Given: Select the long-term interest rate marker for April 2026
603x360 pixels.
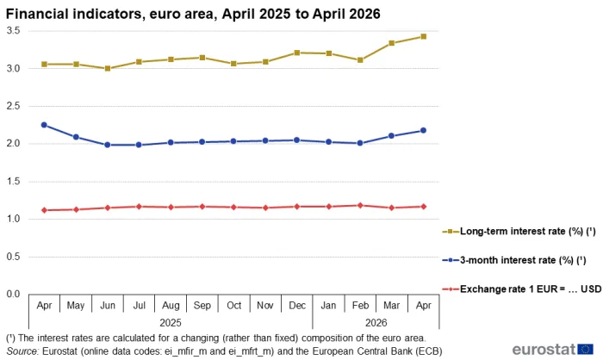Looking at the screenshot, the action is (424, 36).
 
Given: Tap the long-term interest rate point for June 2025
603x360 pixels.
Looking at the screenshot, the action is (108, 68).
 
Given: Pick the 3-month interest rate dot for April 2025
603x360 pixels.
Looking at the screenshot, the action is (44, 125).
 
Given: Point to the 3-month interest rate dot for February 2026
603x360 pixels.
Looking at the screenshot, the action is (360, 143).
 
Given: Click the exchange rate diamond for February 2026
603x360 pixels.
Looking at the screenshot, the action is (360, 205).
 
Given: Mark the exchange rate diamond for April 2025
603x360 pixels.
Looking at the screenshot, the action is (44, 210).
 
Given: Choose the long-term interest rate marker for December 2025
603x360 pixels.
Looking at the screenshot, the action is (297, 53).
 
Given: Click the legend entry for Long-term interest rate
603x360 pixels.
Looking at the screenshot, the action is (519, 232).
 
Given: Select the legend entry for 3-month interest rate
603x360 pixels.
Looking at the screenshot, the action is (514, 260).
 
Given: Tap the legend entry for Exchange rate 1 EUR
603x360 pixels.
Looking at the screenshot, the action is (522, 289).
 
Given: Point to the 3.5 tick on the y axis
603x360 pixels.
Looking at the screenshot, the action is (13, 30).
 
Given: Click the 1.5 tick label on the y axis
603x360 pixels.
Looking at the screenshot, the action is (13, 181).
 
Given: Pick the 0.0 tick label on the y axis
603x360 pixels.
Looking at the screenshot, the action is (13, 295).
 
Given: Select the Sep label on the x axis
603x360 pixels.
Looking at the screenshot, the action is (202, 306).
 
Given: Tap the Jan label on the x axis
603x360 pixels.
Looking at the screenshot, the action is (328, 306).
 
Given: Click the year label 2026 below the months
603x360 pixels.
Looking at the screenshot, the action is (376, 322).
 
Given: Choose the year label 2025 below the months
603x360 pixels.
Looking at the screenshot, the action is (171, 322).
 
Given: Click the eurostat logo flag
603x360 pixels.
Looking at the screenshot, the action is (585, 349).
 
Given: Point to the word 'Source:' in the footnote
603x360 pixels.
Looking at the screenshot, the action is (22, 351).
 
